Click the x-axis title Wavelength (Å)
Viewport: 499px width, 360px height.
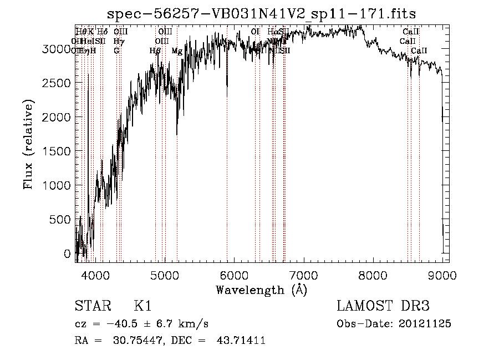261,290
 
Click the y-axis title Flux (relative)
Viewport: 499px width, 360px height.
28,144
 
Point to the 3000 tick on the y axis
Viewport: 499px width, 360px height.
57,49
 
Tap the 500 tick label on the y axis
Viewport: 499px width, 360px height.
60,220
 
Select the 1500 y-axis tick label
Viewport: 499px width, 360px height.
57,151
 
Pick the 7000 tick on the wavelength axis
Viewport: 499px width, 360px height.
303,274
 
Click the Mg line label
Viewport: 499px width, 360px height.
177,51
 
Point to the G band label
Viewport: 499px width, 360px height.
116,51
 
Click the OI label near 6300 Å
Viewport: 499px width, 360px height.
255,32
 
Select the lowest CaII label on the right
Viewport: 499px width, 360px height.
419,51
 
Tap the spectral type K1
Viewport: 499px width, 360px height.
142,306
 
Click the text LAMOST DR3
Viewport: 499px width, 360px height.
383,306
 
